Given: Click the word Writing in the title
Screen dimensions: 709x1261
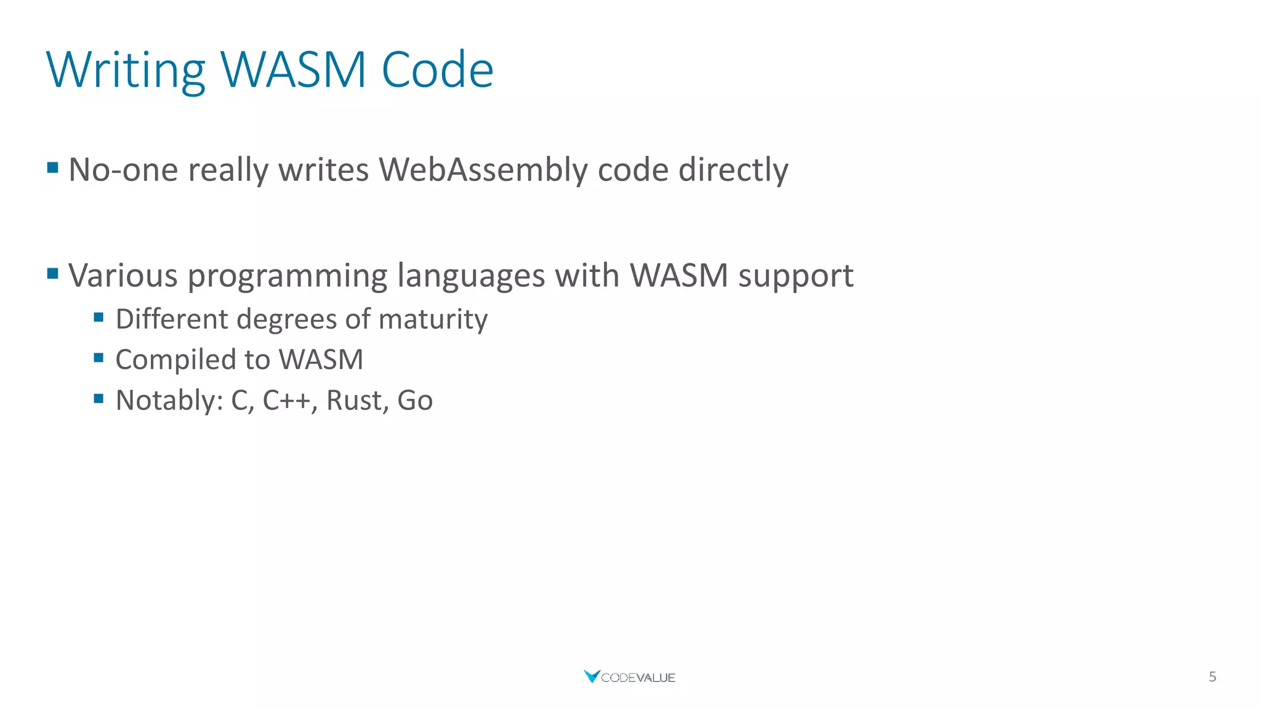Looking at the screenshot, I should click(126, 70).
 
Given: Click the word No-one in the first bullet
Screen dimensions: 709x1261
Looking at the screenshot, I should click(123, 170).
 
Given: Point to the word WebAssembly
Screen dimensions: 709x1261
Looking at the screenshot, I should click(483, 170).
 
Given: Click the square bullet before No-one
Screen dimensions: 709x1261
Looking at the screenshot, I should click(53, 167).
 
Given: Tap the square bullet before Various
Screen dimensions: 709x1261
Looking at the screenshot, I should click(53, 273).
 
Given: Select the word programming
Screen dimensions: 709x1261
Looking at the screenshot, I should click(287, 276).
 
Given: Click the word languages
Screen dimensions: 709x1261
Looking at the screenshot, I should click(471, 276).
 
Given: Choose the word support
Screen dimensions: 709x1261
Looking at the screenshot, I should click(796, 276).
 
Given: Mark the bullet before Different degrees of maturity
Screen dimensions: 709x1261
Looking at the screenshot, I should click(99, 318).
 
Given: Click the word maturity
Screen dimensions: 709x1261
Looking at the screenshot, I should click(433, 319).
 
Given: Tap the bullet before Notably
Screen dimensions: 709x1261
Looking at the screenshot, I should click(99, 399).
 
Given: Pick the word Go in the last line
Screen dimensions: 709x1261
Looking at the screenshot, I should click(415, 401).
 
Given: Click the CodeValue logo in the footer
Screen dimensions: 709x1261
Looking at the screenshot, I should click(629, 677).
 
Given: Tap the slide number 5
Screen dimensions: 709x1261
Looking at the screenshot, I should click(1212, 677).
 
